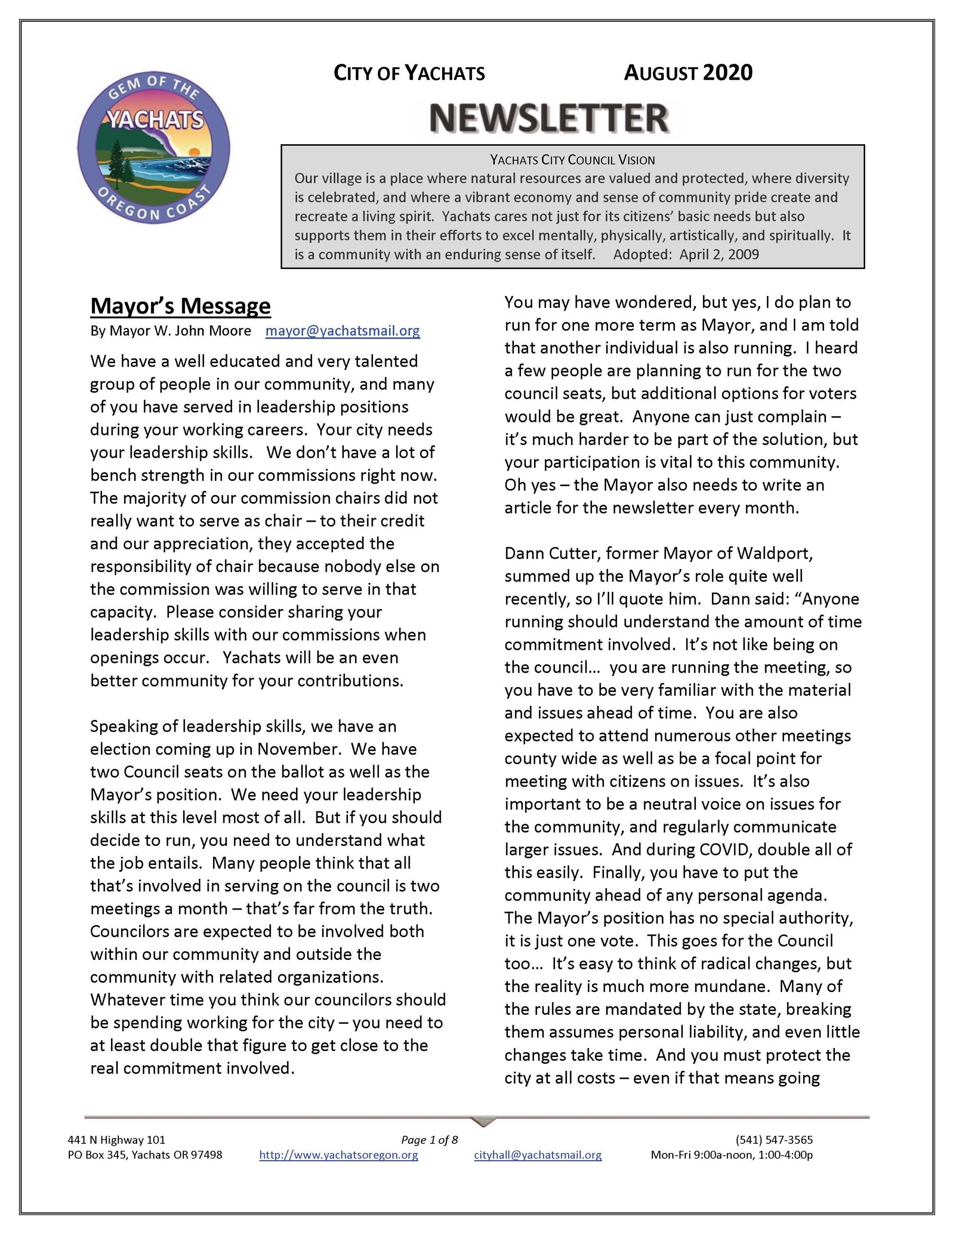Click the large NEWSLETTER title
tap(549, 118)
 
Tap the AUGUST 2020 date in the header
tap(688, 73)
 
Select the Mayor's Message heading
tap(180, 305)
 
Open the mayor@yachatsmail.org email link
tap(342, 331)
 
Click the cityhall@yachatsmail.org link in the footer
tap(537, 1155)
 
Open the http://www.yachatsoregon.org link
tap(338, 1155)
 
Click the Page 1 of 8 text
tap(429, 1140)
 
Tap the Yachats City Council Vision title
tap(572, 160)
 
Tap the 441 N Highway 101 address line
tap(116, 1140)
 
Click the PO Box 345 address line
tap(145, 1155)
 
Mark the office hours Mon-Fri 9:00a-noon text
tap(731, 1155)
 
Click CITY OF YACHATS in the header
tap(409, 74)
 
